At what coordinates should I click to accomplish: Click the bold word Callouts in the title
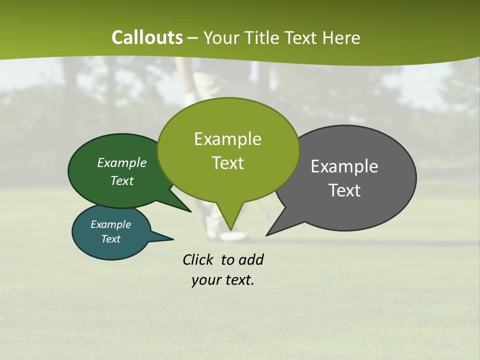[x=147, y=37]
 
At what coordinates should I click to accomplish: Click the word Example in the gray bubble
[x=344, y=166]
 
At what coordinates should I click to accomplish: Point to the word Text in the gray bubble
[x=344, y=190]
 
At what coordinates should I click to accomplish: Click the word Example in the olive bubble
[x=227, y=139]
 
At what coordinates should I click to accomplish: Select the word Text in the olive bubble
[x=227, y=163]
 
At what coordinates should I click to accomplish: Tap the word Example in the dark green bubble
[x=122, y=162]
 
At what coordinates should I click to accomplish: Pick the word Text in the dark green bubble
[x=122, y=180]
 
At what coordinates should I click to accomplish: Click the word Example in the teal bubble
[x=110, y=224]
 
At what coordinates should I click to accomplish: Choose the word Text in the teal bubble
[x=110, y=239]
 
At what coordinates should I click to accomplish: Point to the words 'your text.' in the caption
[x=223, y=280]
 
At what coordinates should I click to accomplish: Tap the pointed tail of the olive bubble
[x=230, y=225]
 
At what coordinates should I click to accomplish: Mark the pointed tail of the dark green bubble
[x=185, y=208]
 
